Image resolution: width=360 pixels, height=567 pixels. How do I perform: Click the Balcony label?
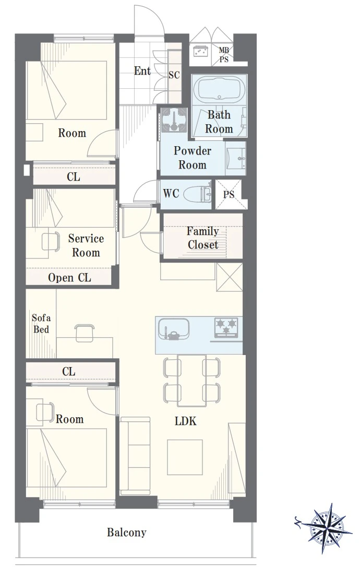pyautogui.click(x=126, y=533)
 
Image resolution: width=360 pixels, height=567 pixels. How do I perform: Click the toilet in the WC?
pyautogui.click(x=197, y=194)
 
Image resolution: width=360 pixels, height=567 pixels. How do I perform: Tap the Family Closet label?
pyautogui.click(x=203, y=238)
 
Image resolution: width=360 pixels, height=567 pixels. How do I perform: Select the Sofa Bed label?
pyautogui.click(x=41, y=324)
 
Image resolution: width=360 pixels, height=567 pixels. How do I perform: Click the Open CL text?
pyautogui.click(x=69, y=278)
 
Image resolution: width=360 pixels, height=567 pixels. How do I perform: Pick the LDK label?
pyautogui.click(x=185, y=421)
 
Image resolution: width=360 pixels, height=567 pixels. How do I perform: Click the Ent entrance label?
pyautogui.click(x=142, y=70)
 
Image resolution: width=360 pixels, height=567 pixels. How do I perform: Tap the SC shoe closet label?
pyautogui.click(x=174, y=75)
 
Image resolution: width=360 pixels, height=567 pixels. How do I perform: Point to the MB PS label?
pyautogui.click(x=224, y=55)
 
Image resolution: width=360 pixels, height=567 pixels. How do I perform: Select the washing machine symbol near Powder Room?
pyautogui.click(x=174, y=120)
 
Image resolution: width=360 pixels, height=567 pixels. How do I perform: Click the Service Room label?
pyautogui.click(x=86, y=245)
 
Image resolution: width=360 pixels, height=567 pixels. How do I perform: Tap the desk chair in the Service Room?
pyautogui.click(x=51, y=241)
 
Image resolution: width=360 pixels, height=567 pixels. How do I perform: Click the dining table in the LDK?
pyautogui.click(x=191, y=380)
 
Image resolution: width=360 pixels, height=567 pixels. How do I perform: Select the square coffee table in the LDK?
pyautogui.click(x=185, y=457)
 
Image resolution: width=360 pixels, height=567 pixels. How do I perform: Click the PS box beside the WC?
pyautogui.click(x=229, y=195)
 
